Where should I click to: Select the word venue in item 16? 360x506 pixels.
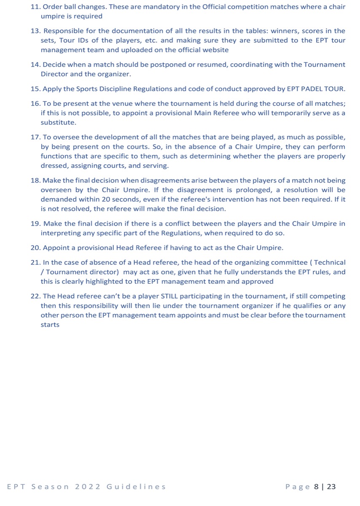click(x=110, y=104)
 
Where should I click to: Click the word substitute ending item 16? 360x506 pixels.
click(x=59, y=122)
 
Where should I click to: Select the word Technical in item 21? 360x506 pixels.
click(x=329, y=263)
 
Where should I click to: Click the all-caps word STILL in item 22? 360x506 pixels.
click(x=172, y=296)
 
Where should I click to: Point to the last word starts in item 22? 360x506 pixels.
click(x=50, y=325)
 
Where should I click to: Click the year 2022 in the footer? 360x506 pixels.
click(x=88, y=487)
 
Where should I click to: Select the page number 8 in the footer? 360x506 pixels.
click(x=316, y=487)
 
